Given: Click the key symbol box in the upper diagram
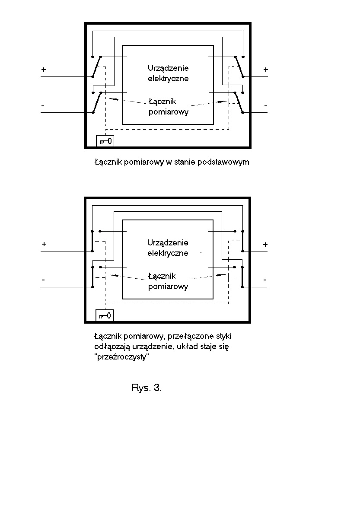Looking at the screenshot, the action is pos(105,140).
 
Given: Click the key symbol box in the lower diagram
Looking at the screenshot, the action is pos(105,315).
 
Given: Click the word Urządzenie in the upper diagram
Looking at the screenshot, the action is pos(168,68).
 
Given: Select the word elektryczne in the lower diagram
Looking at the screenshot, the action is pos(168,253).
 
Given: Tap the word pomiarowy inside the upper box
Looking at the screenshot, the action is pos(169,112).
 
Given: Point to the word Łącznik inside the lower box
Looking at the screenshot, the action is pos(162,276).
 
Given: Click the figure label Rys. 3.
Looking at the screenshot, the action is pos(147,388).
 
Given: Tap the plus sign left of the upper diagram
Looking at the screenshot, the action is pos(44,70).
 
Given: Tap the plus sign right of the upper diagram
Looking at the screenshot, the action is pos(265,70).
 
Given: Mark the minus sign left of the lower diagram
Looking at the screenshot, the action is pos(43,280).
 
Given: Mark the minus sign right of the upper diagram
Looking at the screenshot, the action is pos(265,105).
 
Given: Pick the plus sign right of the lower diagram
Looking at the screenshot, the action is pos(265,245).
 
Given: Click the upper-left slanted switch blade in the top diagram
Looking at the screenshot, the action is pos(97,67).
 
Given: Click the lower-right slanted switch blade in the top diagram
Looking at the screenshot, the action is pos(239,102).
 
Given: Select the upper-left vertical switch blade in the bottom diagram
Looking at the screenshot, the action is pos(92,241).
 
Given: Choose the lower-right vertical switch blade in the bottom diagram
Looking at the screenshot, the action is pos(242,277).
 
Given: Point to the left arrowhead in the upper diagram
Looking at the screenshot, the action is pos(114,100).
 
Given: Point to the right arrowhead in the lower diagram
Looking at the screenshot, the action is pos(221,275).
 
